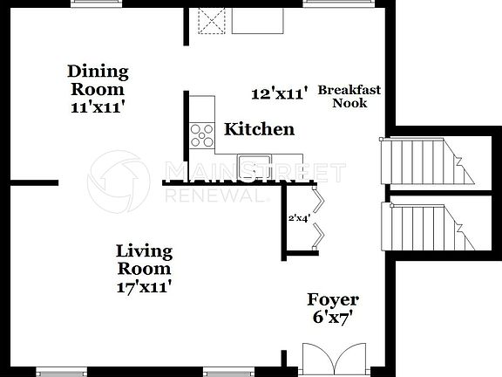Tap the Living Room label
pos(144,259)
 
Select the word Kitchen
pos(259,130)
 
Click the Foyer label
pos(333,300)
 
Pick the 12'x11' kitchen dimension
pos(281,93)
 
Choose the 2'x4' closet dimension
pos(298,219)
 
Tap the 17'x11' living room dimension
pos(144,285)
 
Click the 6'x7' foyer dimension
pos(333,319)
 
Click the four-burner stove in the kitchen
pos(202,134)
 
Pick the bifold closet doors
pos(321,216)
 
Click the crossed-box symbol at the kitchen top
pos(212,19)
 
